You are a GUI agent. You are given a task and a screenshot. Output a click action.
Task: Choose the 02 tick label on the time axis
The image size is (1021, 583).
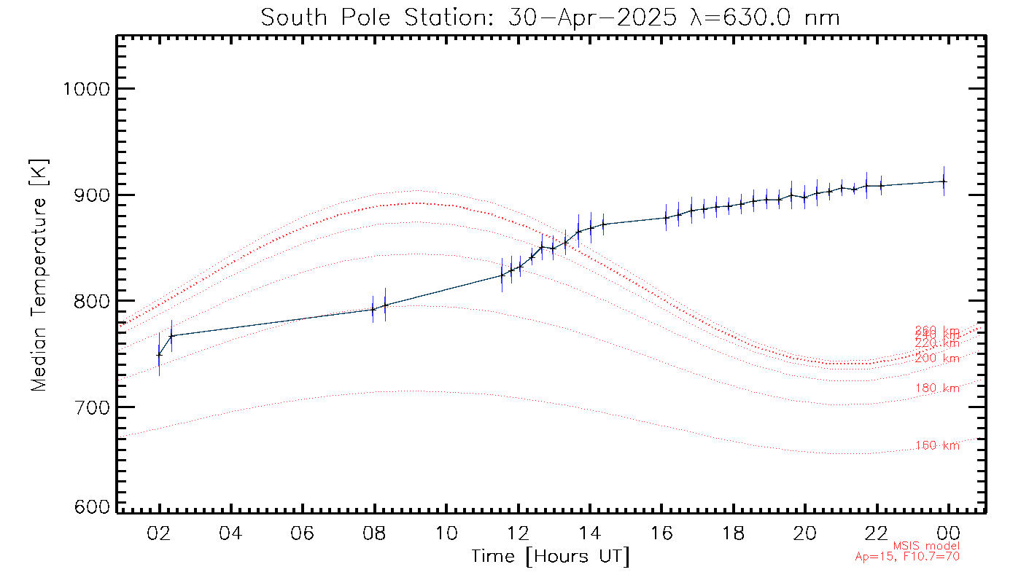tap(159, 533)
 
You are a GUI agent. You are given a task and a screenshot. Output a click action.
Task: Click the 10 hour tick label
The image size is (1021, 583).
tap(446, 533)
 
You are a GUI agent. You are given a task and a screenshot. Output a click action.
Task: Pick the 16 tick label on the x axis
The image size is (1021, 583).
tap(661, 533)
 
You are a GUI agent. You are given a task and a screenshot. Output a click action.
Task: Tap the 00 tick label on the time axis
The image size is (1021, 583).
tap(947, 533)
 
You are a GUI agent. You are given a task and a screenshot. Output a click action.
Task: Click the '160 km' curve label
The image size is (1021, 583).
tap(937, 446)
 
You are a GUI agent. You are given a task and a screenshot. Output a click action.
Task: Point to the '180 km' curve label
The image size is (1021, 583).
tap(937, 388)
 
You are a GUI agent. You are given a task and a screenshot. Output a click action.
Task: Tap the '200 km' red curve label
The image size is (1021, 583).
tap(937, 359)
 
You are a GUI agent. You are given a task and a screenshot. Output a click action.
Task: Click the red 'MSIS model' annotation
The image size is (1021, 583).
tap(926, 546)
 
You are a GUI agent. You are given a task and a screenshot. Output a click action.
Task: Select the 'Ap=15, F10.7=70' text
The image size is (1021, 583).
tap(907, 557)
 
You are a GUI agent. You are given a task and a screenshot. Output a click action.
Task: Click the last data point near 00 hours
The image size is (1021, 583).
tap(944, 181)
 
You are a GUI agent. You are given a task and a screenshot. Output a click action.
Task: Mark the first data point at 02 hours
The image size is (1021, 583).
tap(159, 355)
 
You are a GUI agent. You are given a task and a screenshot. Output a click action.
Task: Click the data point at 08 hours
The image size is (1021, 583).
tap(373, 309)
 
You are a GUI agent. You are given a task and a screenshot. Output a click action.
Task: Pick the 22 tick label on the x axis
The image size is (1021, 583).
tap(876, 533)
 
